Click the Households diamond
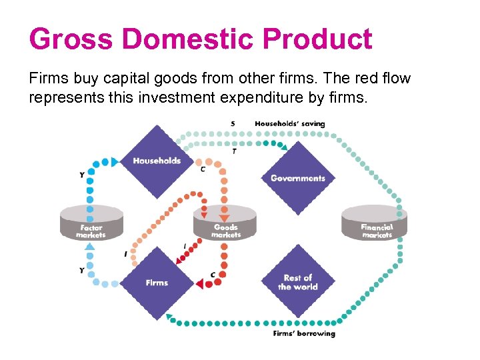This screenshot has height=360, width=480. (156, 161)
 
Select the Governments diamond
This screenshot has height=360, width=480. (297, 178)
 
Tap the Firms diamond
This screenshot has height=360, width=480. (157, 283)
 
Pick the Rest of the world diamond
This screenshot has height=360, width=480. (297, 282)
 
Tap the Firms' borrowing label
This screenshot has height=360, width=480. (304, 333)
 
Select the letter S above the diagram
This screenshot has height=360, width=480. (233, 123)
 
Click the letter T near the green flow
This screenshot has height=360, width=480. (233, 152)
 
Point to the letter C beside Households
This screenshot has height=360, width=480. (203, 169)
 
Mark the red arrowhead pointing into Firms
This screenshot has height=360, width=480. (199, 285)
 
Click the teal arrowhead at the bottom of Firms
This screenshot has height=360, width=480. (169, 316)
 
